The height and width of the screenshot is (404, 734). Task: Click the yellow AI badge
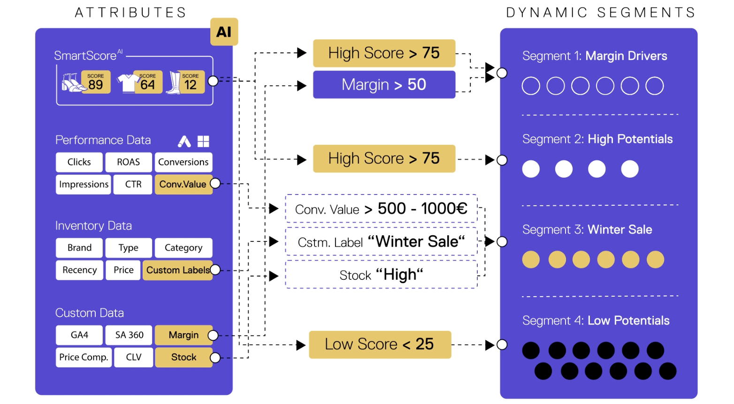pos(224,32)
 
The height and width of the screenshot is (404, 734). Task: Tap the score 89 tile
pos(95,82)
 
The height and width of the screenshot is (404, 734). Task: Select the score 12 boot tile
pos(190,82)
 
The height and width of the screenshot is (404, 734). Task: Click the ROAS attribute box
pos(129,162)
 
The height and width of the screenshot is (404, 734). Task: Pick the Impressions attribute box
pos(84,184)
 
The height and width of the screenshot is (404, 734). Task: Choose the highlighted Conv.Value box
pos(183,184)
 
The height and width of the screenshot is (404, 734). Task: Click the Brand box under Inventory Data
pos(79,248)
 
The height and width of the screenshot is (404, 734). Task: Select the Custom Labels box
pos(177,270)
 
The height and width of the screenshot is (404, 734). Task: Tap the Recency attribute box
pos(79,270)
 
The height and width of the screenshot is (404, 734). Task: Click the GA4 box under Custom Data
pos(79,335)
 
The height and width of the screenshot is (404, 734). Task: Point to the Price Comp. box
pos(84,357)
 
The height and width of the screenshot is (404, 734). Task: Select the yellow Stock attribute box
pos(183,357)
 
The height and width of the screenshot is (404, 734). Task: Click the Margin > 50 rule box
pos(384,85)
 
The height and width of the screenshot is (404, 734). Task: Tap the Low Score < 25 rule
pos(380,344)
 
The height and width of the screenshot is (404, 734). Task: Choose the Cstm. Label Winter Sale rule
pos(381,242)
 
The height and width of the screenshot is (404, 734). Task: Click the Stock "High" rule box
pos(381,275)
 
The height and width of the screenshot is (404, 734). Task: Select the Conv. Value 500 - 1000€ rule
pos(381,209)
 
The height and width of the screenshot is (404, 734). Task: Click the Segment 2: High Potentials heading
pos(597,139)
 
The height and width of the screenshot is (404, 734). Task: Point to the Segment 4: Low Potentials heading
pos(596,321)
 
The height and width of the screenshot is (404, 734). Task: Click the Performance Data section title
pos(103,140)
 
